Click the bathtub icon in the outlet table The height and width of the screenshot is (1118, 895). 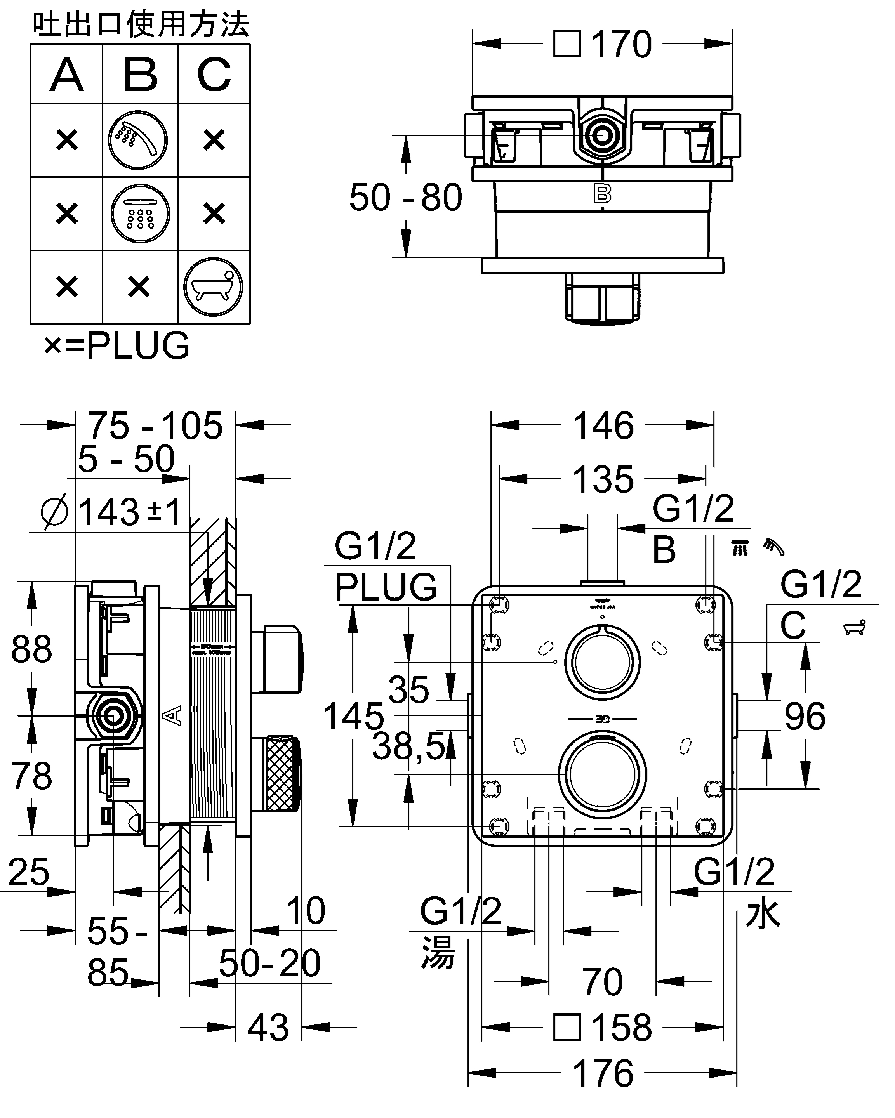[213, 287]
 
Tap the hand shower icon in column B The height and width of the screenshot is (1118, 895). [138, 140]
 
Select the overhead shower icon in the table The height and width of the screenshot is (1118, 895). [140, 214]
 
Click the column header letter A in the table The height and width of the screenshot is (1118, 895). [67, 75]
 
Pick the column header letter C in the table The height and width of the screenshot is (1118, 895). [214, 75]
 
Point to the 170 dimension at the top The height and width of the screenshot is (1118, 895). [621, 45]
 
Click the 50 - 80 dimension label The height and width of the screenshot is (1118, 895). [405, 198]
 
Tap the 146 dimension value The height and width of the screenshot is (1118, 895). [603, 426]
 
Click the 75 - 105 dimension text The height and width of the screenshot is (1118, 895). [155, 426]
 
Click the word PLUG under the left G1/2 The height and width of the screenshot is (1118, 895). [386, 587]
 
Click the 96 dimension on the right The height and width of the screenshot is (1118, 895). [805, 717]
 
